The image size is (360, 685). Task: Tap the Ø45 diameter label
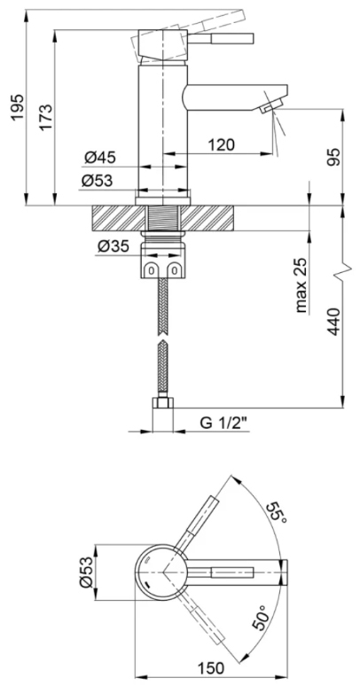[x=100, y=158]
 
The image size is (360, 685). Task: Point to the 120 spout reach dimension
[x=221, y=144]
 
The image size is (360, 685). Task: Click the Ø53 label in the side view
[x=100, y=180]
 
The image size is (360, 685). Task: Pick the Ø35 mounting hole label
[x=112, y=245]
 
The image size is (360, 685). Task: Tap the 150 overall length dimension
[x=208, y=667]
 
